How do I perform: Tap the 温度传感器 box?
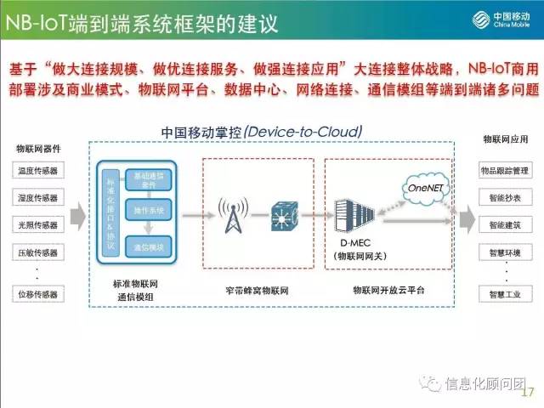(x=37, y=171)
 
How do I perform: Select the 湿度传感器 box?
(x=37, y=198)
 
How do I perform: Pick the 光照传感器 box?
(x=37, y=225)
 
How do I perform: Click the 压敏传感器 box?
(x=37, y=252)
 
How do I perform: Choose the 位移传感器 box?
(x=37, y=295)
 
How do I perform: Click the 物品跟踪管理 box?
(x=504, y=171)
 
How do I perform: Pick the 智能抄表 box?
(x=504, y=198)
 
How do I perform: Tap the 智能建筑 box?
(x=504, y=225)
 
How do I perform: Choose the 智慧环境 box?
(x=504, y=252)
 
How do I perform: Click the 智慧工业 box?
(x=504, y=295)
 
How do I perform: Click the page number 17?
(x=525, y=392)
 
